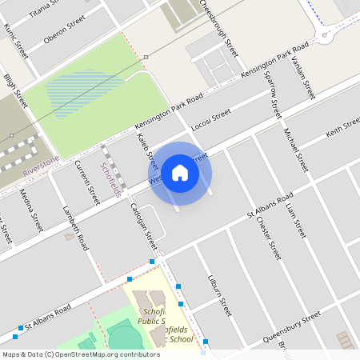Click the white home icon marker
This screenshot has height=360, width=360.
[x=180, y=172]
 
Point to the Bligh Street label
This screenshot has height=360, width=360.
[x=16, y=90]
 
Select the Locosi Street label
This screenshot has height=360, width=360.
[x=212, y=119]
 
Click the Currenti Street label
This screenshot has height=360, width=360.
[x=86, y=181]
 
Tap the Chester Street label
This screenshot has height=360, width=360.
[x=269, y=236]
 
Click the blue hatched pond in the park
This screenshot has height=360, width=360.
[x=84, y=90]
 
